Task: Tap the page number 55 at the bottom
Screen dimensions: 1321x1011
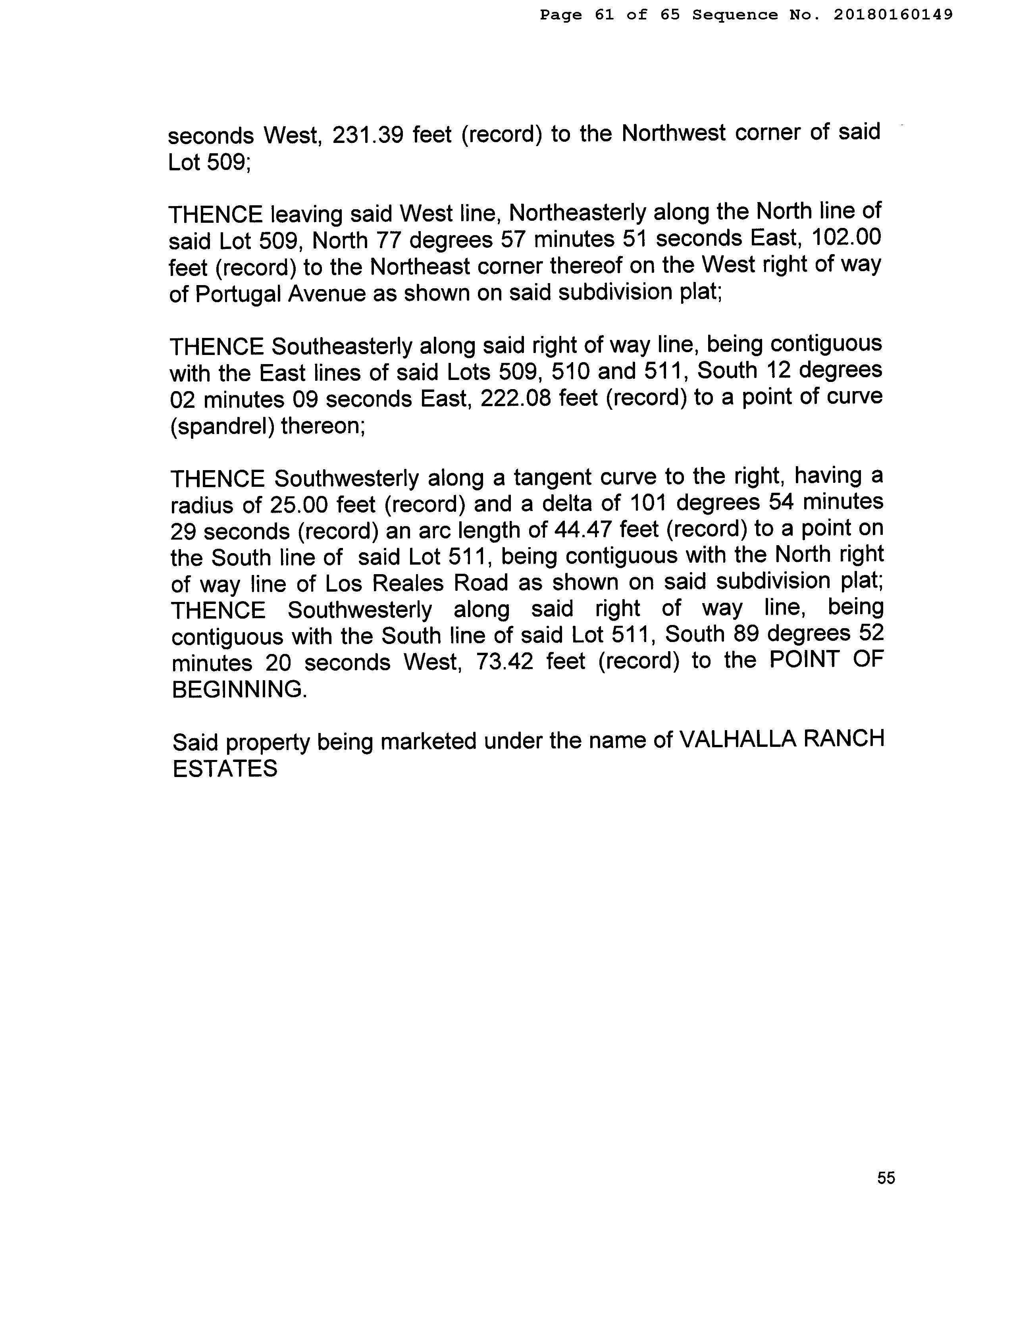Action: coord(886,1178)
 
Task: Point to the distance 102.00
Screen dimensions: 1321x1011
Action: coord(846,238)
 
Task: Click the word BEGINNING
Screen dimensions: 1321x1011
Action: coord(239,689)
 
